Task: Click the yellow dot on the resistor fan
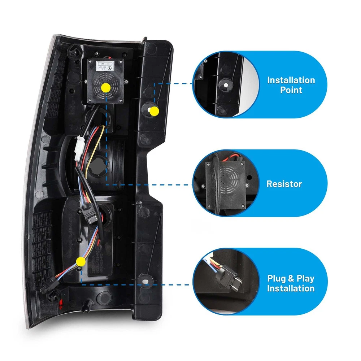106,87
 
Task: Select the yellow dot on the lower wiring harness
81,261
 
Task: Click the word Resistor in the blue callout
284,184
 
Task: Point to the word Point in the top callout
291,90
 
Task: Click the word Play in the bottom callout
305,278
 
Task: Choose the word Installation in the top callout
291,80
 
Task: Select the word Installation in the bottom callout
291,288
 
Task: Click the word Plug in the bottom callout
276,278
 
